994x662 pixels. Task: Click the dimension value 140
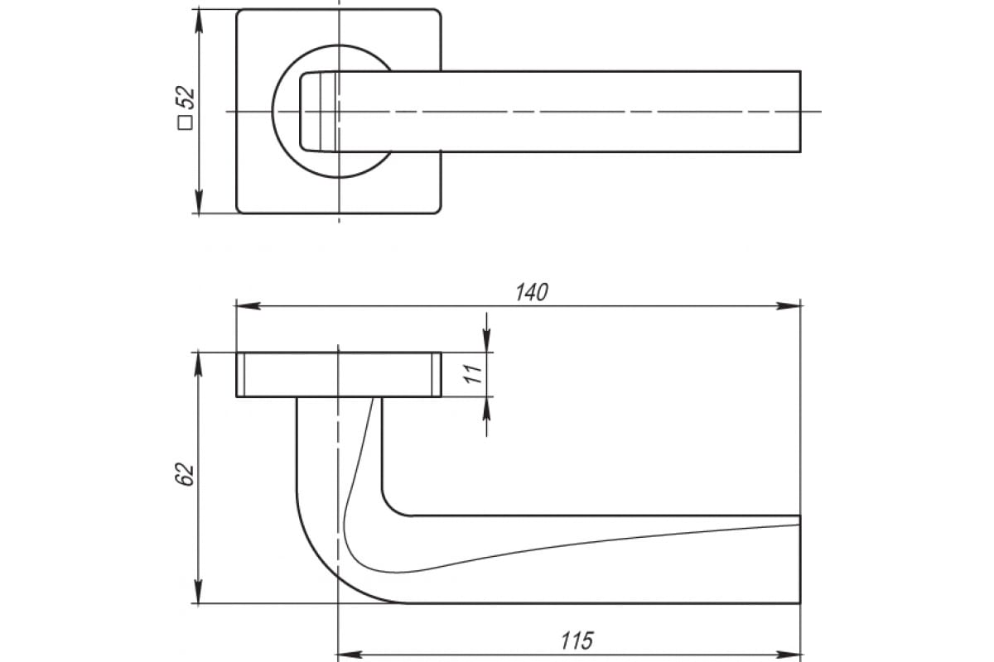[x=532, y=293]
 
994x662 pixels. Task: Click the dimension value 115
[x=577, y=640]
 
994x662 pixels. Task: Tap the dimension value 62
[x=185, y=474]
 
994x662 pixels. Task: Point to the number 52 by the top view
[x=185, y=97]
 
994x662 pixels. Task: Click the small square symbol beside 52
[x=185, y=122]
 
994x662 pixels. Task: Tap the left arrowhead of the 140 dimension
[x=248, y=305]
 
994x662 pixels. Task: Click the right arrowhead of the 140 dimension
[x=788, y=305]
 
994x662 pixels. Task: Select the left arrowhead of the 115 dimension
[x=350, y=655]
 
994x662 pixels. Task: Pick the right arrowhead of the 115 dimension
[x=788, y=655]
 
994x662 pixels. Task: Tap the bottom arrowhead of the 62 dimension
[x=198, y=591]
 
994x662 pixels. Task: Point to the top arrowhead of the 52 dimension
[x=198, y=22]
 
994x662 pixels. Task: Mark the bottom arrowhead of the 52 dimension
[x=198, y=201]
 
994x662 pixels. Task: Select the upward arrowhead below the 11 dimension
[x=487, y=409]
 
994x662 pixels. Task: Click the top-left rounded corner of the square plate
[x=239, y=11]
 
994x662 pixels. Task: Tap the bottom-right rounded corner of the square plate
[x=439, y=212]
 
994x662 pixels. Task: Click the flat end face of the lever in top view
[x=800, y=111]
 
